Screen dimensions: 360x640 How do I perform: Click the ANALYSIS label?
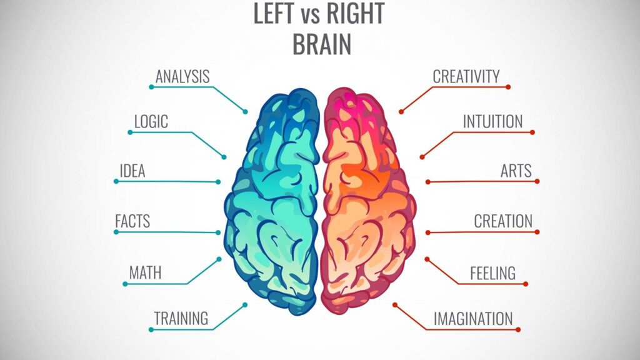182,77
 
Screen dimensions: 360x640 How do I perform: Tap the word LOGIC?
151,121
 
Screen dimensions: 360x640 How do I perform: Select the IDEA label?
132,171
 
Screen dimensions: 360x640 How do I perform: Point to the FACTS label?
132,221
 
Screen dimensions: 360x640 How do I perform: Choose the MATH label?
145,272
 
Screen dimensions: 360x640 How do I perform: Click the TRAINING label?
181,318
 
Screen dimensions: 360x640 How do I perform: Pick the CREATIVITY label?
466,77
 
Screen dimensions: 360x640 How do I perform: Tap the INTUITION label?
492,121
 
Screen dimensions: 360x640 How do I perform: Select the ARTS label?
516,171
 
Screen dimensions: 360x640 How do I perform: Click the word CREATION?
503,221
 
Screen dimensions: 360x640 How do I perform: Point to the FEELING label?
492,273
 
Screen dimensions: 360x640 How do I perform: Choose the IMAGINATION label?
473,319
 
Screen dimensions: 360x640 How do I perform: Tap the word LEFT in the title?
275,14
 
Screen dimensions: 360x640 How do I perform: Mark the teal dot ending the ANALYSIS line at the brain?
246,112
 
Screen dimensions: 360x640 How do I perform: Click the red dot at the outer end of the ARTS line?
537,181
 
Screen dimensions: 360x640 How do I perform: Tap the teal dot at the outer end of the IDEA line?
116,181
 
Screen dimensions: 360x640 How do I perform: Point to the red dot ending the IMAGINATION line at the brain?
395,305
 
